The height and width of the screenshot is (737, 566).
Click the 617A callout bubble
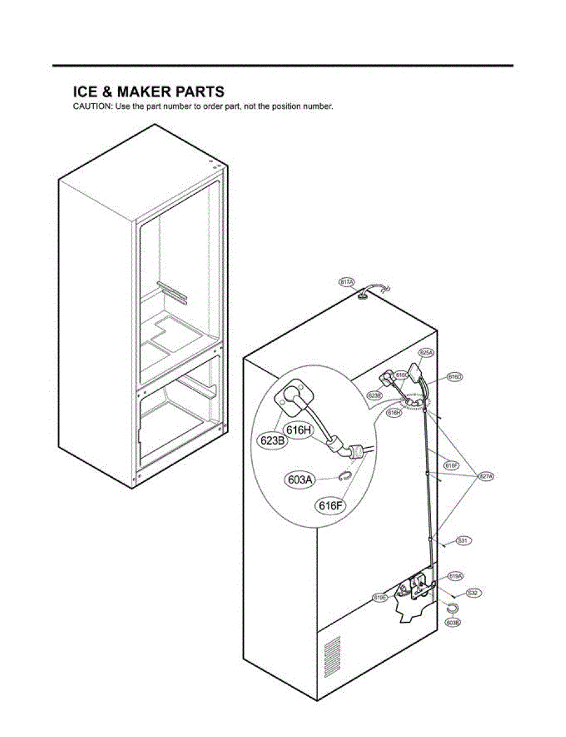347,282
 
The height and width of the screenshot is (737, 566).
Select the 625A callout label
426,353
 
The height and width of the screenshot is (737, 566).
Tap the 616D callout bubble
454,376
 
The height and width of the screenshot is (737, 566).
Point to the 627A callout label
487,476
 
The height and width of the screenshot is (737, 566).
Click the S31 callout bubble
463,541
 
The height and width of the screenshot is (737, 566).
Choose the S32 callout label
472,593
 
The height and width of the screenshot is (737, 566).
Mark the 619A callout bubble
455,576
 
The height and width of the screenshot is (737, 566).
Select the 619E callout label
380,597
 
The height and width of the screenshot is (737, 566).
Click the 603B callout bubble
452,623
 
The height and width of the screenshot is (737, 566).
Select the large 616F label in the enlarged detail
330,505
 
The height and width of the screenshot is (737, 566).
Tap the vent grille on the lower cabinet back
331,656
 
